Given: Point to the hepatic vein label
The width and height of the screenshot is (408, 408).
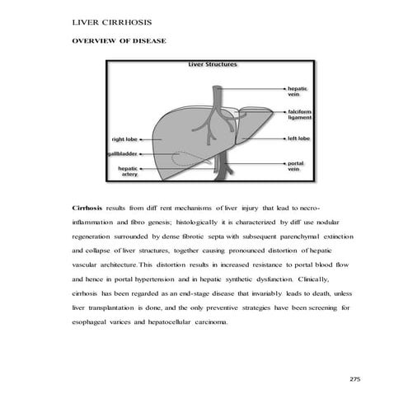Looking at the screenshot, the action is pos(297,91).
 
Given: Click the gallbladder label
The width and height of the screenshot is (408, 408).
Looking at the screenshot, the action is pos(121,154).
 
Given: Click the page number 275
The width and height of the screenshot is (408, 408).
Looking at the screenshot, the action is pos(355,378).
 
